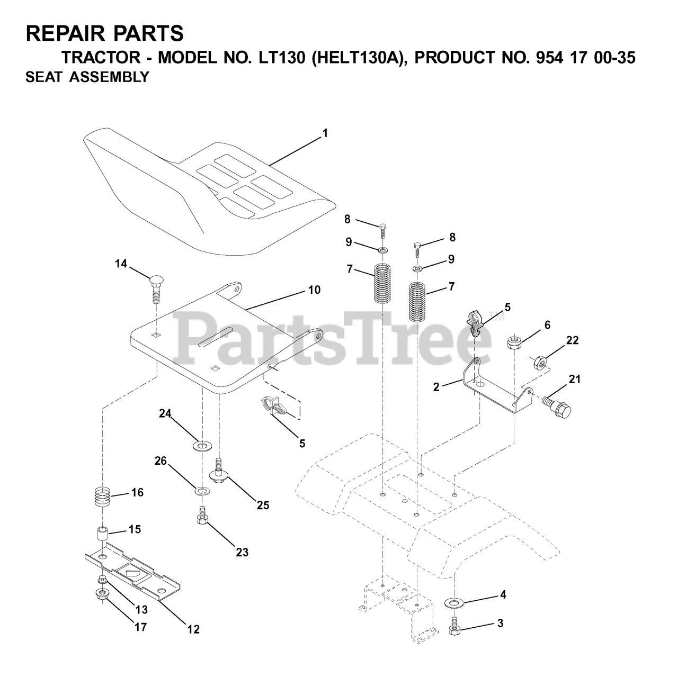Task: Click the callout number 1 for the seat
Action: click(x=325, y=133)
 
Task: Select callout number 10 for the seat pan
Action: click(x=314, y=290)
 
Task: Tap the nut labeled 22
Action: click(x=539, y=363)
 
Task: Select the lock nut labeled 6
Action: click(x=513, y=342)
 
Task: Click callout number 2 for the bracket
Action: click(x=436, y=387)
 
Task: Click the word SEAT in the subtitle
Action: click(x=42, y=77)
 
